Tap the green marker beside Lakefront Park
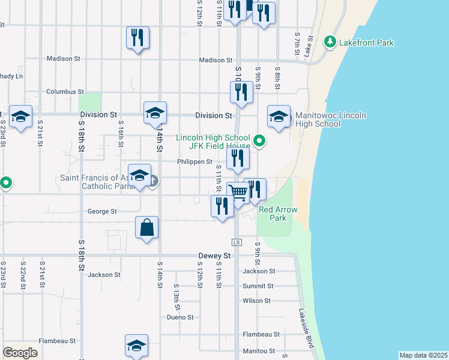(x=329, y=42)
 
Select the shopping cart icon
(x=238, y=193)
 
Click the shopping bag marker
(x=146, y=227)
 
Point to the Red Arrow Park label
(x=273, y=214)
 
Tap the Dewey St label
(x=214, y=256)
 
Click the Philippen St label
(x=194, y=161)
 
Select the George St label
(x=102, y=211)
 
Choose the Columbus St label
(x=65, y=92)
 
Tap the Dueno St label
(x=180, y=317)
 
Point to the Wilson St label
(x=256, y=301)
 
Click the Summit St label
(x=258, y=286)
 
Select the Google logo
(x=20, y=353)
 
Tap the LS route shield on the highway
(x=237, y=242)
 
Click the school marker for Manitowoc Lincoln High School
(x=279, y=117)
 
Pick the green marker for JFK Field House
(x=259, y=142)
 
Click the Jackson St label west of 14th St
(x=104, y=275)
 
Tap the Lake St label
(x=309, y=46)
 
